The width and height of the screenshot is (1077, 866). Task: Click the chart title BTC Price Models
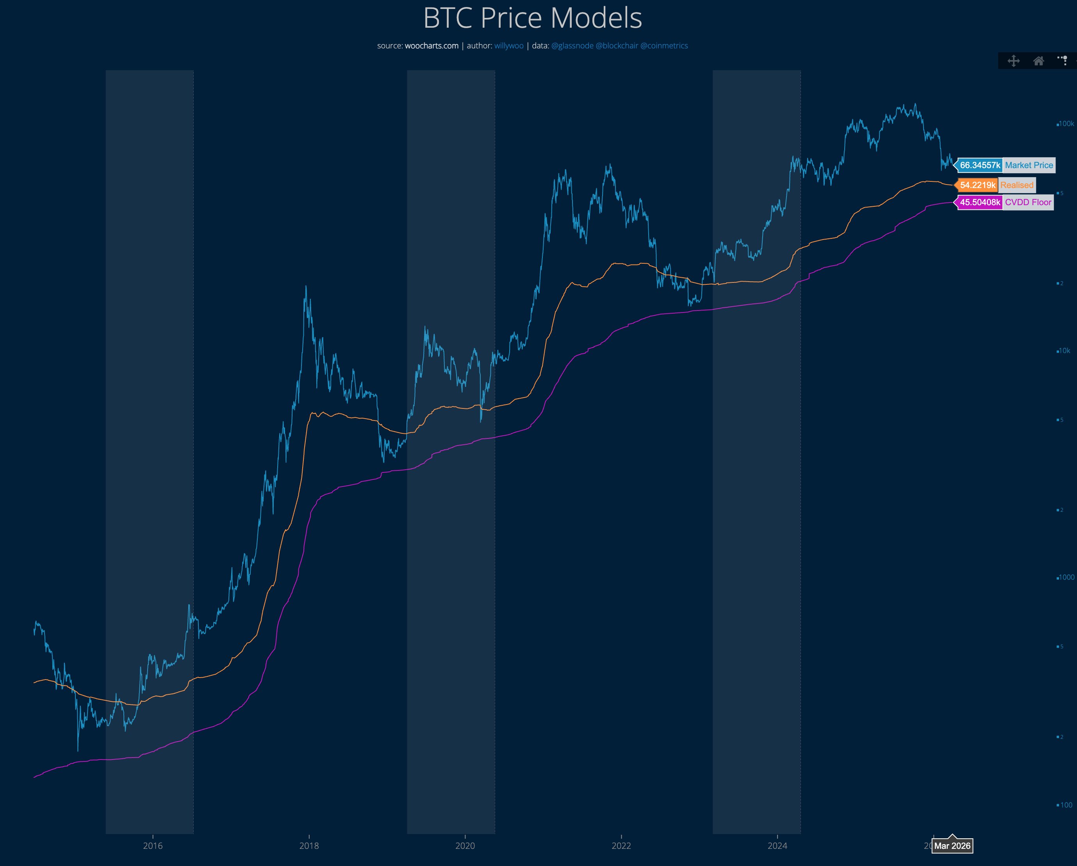click(533, 18)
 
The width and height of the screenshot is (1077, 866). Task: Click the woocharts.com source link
click(431, 46)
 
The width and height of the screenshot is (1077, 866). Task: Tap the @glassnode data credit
click(572, 46)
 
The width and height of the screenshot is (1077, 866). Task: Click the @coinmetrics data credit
click(664, 46)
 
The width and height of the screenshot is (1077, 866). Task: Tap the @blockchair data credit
click(617, 46)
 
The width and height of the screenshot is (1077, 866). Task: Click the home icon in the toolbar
click(1039, 61)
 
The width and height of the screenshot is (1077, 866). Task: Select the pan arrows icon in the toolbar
click(1014, 61)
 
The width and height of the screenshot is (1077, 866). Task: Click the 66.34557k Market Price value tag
click(980, 165)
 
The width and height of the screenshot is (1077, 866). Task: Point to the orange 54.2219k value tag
click(977, 185)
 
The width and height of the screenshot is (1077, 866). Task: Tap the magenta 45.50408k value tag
click(980, 202)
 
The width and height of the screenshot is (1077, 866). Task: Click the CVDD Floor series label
click(1028, 202)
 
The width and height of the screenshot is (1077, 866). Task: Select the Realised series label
click(1016, 185)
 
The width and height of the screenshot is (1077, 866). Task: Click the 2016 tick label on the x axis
click(153, 846)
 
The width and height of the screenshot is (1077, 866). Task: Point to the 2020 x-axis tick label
click(465, 846)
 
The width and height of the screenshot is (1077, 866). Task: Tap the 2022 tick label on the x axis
click(621, 846)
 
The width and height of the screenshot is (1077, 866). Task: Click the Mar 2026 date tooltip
click(952, 846)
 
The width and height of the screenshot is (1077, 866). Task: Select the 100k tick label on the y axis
click(1066, 124)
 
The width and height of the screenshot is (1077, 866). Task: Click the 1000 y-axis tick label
click(1066, 577)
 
